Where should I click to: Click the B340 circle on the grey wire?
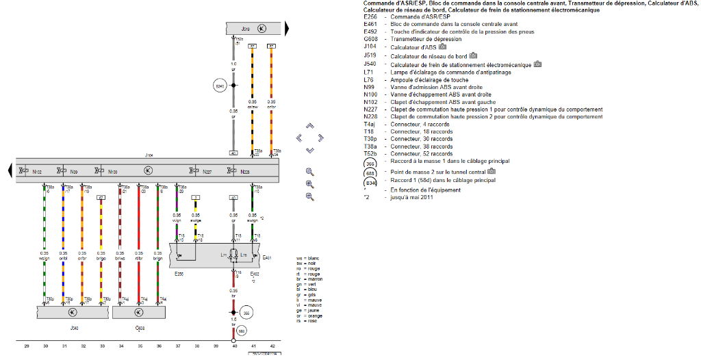click(x=220, y=86)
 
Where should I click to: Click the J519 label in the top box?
click(x=246, y=29)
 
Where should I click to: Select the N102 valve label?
click(x=37, y=171)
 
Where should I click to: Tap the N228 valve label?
click(x=246, y=171)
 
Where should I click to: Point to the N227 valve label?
click(x=207, y=171)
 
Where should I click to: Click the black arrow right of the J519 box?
click(x=287, y=28)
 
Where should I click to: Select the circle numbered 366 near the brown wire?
click(x=247, y=313)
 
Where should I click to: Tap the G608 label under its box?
click(x=139, y=328)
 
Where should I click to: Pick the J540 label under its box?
click(x=73, y=328)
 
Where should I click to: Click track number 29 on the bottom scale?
click(x=27, y=347)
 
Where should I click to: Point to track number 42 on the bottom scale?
click(x=272, y=347)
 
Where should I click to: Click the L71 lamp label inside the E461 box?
click(x=224, y=255)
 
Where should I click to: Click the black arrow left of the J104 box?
click(x=9, y=169)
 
